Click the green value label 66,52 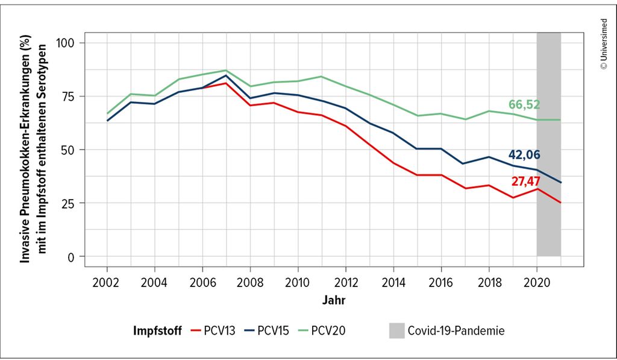click(523, 104)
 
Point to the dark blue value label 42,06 click(523, 154)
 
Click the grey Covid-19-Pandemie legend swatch click(396, 330)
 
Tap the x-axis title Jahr click(334, 299)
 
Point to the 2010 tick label click(297, 282)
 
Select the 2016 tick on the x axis click(440, 282)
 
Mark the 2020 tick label click(536, 282)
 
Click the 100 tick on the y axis click(67, 43)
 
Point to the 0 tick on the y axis click(72, 256)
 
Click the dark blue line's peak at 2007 click(226, 75)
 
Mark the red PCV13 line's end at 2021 click(560, 203)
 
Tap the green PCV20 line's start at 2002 click(107, 113)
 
